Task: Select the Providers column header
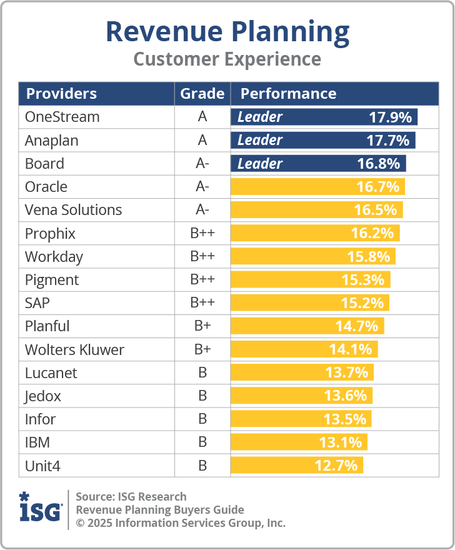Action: click(61, 94)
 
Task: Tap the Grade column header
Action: click(202, 94)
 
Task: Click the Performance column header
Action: click(288, 94)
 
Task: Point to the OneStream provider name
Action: click(62, 117)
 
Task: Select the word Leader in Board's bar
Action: click(260, 164)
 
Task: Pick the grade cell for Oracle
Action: click(202, 187)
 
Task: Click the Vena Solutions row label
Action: click(73, 210)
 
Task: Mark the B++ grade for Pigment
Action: click(202, 279)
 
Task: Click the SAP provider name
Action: click(37, 302)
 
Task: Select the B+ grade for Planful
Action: click(202, 326)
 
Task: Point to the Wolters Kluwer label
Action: click(74, 349)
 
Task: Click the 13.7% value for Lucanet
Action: click(346, 372)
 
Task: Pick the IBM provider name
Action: click(37, 442)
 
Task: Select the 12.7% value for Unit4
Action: click(336, 466)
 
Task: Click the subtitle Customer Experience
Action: click(227, 59)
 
